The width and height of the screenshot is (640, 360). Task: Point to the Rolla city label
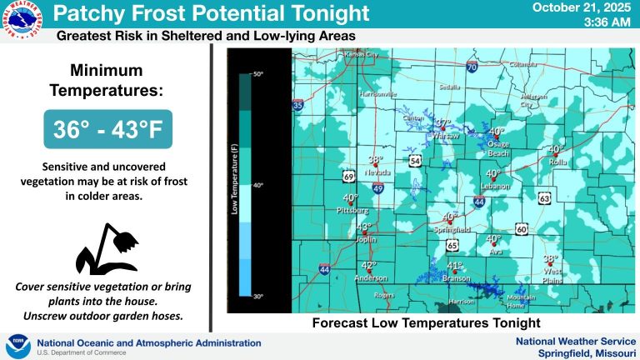click(x=557, y=162)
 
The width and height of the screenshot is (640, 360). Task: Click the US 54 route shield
click(x=415, y=159)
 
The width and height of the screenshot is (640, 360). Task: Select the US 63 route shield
click(x=544, y=198)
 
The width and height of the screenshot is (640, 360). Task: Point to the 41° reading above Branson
click(x=455, y=267)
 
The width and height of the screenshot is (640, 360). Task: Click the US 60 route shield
click(x=522, y=228)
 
